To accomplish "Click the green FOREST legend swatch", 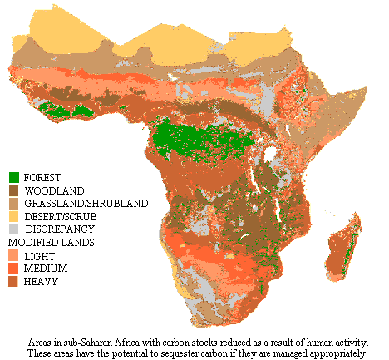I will (x=14, y=177).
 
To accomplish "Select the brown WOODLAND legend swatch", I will (x=14, y=190).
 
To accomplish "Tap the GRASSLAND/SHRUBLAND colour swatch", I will (x=14, y=203).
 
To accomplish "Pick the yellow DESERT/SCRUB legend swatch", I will (x=14, y=215).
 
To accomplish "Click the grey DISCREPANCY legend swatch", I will (x=14, y=229).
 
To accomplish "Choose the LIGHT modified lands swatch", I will (x=14, y=256).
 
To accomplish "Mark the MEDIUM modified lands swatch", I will (x=14, y=269).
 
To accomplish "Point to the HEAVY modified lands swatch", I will (x=14, y=282).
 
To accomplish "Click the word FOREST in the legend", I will (x=42, y=178).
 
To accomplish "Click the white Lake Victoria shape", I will (x=271, y=155).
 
